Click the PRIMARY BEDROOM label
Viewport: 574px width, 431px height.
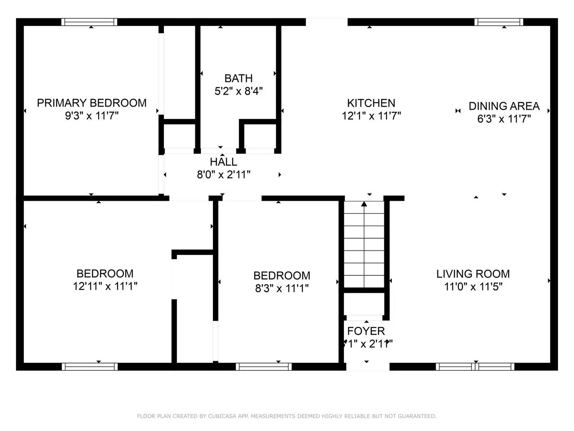[x=92, y=103]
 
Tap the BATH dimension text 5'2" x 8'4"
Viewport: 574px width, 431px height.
[x=238, y=91]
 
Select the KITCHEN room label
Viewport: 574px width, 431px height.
[x=371, y=103]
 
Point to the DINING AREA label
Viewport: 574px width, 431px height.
[x=504, y=106]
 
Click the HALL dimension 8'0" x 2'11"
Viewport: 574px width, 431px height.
[x=224, y=175]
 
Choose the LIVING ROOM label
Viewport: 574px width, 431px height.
[x=473, y=274]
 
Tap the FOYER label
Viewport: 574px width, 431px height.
[x=366, y=331]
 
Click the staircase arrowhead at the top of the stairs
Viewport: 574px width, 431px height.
[x=364, y=204]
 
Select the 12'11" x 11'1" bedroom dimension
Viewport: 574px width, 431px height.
[x=105, y=286]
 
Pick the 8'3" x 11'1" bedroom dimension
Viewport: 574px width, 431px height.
[x=282, y=288]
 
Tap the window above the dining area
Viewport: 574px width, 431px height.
[x=499, y=22]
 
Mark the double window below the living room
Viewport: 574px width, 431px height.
[x=475, y=366]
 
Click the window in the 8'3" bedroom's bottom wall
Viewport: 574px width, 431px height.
[x=263, y=366]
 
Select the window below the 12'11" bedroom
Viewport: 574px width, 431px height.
[x=90, y=366]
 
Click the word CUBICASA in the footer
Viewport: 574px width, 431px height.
[x=222, y=416]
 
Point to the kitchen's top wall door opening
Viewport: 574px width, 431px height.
[x=326, y=22]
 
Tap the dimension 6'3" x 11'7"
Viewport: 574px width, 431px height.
[x=504, y=119]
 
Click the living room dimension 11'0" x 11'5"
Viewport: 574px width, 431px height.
[x=473, y=287]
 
